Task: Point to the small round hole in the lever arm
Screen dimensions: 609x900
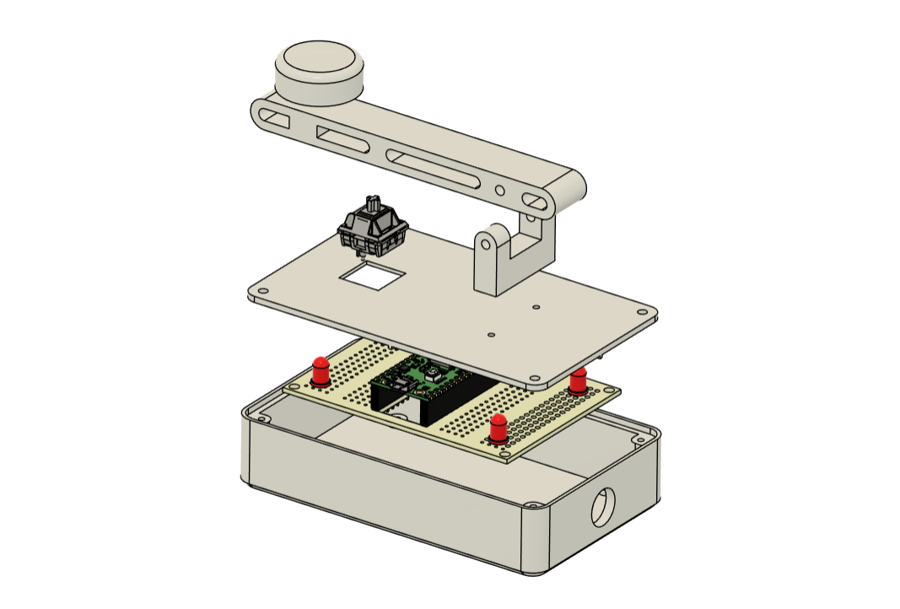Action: tap(500, 191)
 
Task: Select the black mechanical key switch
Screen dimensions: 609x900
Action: tap(373, 228)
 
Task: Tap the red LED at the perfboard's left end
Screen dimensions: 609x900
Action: tap(321, 370)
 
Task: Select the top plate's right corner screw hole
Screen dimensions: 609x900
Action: tap(650, 313)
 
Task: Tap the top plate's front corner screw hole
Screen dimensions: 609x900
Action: tap(533, 380)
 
